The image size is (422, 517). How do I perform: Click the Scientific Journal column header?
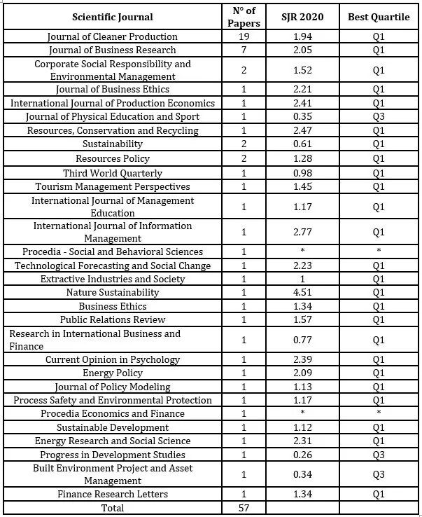pos(113,17)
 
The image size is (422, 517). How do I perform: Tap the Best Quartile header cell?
pos(379,17)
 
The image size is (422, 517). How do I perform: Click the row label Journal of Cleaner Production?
pos(113,36)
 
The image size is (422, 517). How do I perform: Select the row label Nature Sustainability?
pos(113,293)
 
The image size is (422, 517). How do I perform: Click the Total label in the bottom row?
pos(113,508)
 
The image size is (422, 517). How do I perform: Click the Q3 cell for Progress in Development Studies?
pos(379,454)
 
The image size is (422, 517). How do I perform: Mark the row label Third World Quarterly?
pos(113,173)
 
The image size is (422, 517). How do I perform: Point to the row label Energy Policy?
pos(113,373)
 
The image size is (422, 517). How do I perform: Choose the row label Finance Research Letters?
pos(113,495)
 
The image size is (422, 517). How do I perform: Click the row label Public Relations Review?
pos(113,320)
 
